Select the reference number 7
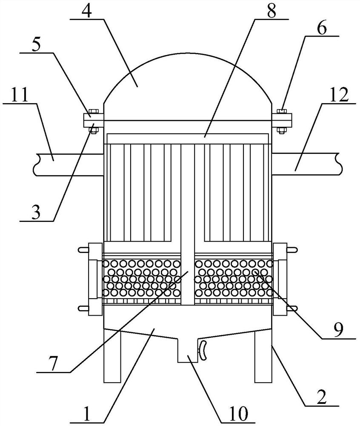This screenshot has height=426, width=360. point(54,363)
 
